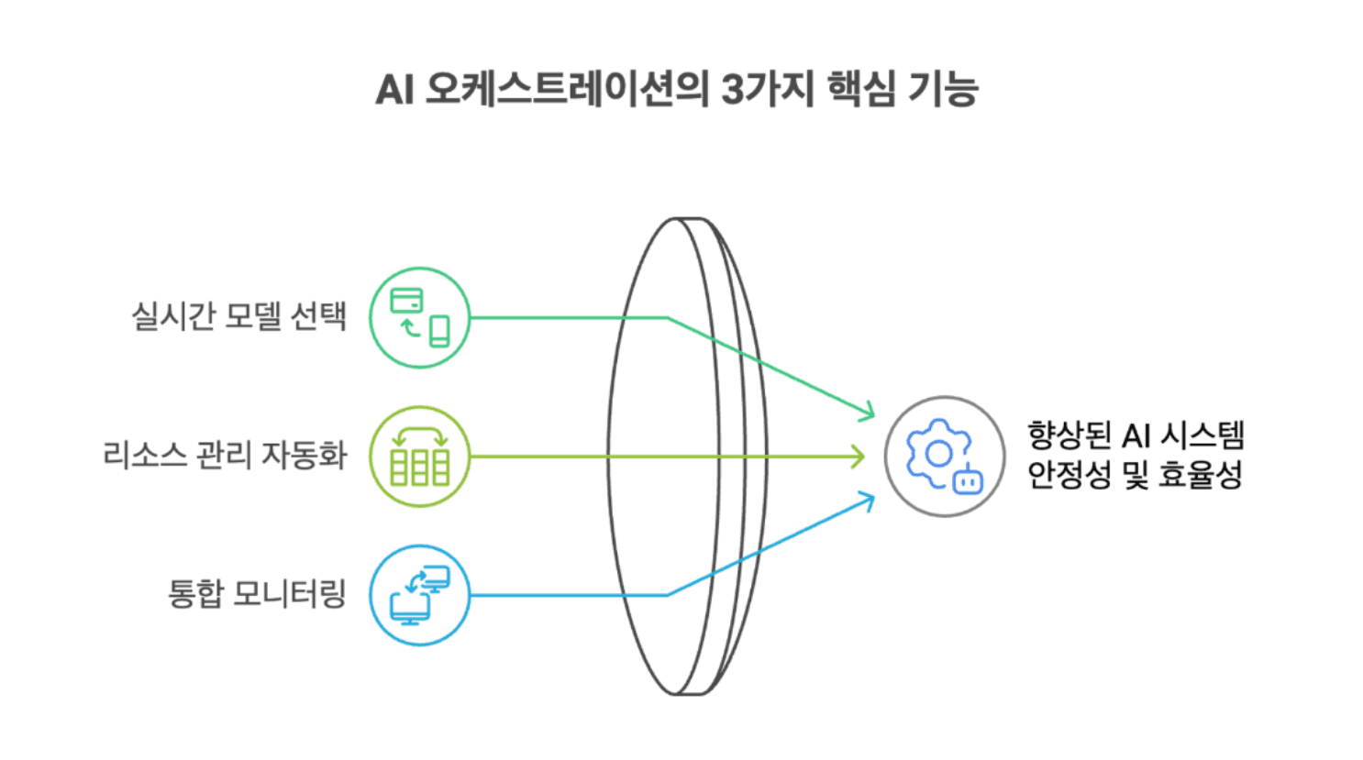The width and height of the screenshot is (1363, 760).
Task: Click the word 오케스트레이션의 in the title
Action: [567, 90]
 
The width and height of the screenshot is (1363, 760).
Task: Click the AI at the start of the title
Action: [395, 90]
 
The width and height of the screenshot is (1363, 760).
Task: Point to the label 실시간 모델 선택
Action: [238, 317]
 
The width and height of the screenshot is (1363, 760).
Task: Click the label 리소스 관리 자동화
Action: [225, 455]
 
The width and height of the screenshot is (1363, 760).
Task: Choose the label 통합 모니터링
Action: [257, 594]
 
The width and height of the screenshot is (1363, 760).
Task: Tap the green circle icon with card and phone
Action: [419, 318]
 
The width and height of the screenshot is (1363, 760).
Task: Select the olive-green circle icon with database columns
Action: [419, 457]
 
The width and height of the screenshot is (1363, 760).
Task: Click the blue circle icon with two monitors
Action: [419, 595]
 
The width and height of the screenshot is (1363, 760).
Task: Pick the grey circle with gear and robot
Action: [944, 457]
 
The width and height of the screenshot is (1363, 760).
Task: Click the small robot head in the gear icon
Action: [968, 479]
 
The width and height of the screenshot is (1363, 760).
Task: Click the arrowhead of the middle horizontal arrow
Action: [858, 457]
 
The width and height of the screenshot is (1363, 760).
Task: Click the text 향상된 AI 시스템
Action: [1135, 435]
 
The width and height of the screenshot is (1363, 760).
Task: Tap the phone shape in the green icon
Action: [440, 332]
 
